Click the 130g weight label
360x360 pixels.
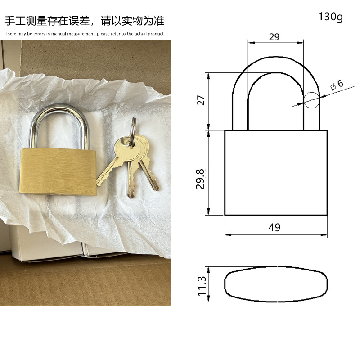pos(330,17)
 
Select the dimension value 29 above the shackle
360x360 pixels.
pos(274,37)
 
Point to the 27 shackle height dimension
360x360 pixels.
pos(201,99)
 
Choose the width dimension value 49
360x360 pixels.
pos(274,227)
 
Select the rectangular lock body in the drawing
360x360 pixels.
pos(276,173)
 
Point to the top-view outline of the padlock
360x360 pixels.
pos(275,284)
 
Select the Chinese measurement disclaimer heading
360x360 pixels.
pos(85,21)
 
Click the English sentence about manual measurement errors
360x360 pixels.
pos(85,34)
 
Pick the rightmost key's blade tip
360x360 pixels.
pos(155,187)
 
